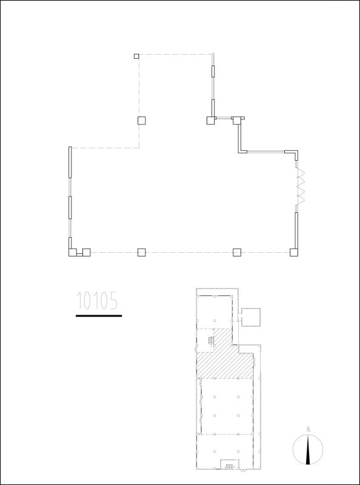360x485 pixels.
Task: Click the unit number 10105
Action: [x=97, y=301]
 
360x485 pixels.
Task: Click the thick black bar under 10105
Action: [x=99, y=315]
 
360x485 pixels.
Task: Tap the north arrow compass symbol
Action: [x=308, y=449]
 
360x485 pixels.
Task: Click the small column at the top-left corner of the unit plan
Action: [x=136, y=56]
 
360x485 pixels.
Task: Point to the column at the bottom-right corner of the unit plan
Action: [x=294, y=252]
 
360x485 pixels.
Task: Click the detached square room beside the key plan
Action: [x=250, y=316]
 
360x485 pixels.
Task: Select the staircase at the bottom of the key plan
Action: [x=230, y=466]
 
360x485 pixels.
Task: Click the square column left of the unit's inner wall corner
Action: [x=210, y=120]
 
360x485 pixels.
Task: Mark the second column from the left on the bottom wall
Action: [x=86, y=252]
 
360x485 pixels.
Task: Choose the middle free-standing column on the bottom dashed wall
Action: [x=141, y=252]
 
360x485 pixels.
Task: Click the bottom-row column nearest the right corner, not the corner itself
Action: [x=237, y=252]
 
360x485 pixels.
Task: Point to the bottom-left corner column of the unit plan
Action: [x=72, y=252]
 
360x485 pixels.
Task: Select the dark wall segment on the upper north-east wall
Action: [x=213, y=72]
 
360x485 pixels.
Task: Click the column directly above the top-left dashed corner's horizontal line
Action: [x=141, y=120]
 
